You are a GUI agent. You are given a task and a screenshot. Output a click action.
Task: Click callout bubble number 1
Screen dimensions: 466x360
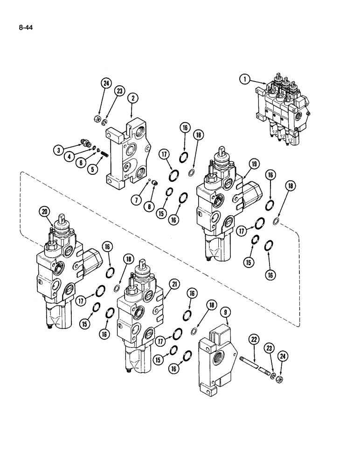pos(244,79)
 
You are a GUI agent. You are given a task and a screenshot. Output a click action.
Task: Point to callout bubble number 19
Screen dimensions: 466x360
pos(254,164)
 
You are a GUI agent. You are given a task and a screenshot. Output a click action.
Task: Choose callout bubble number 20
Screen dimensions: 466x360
pos(44,212)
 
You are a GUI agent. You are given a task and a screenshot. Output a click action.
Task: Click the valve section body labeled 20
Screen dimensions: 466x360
pos(58,275)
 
